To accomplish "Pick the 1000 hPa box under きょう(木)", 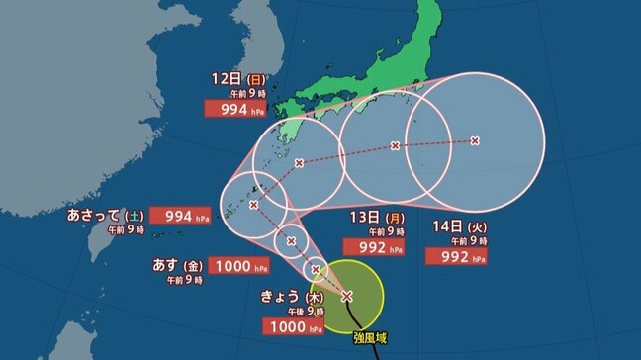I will coord(291,327).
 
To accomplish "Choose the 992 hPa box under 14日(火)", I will coord(455,256).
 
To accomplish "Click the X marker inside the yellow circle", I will coord(346,295).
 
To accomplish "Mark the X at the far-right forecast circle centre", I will coord(475,141).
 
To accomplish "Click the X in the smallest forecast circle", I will coord(315,268).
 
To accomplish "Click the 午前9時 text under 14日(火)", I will coord(455,240).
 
